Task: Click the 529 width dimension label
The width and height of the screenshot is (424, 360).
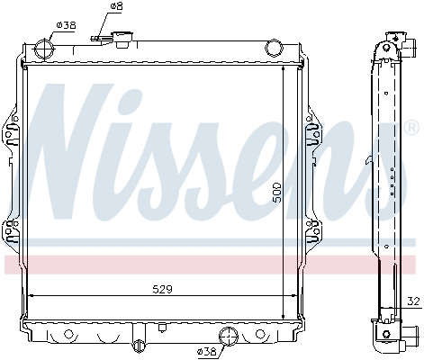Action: click(162, 289)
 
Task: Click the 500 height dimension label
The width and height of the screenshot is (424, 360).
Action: click(276, 192)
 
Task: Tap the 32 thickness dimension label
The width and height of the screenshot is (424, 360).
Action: click(413, 301)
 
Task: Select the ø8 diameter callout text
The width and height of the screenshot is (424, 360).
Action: click(116, 5)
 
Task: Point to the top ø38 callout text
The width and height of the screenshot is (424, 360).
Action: click(66, 25)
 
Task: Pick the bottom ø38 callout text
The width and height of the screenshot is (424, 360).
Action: click(206, 351)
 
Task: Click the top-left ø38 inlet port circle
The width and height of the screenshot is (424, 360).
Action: click(45, 49)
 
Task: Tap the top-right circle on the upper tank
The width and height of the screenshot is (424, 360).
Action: click(274, 49)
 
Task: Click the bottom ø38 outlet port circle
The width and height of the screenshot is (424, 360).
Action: click(229, 337)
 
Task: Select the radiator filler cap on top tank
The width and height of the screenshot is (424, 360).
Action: click(123, 40)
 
